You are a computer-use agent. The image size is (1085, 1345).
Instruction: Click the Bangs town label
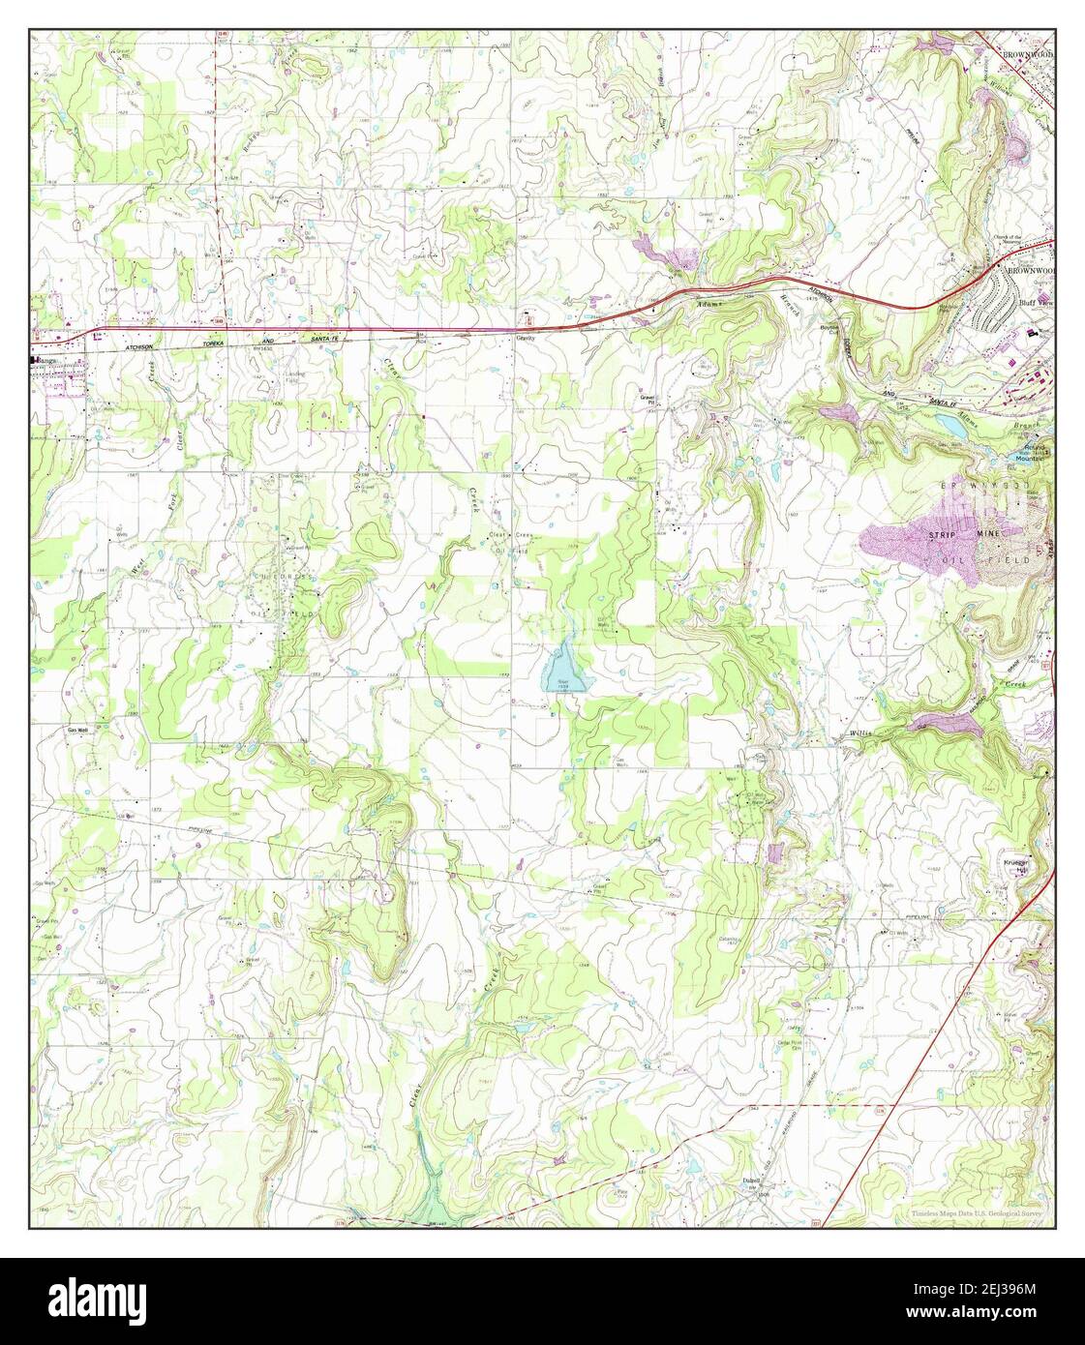pyautogui.click(x=46, y=361)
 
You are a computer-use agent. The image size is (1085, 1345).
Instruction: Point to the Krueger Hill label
pyautogui.click(x=1014, y=864)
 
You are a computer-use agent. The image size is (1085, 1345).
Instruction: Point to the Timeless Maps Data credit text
pyautogui.click(x=977, y=1212)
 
